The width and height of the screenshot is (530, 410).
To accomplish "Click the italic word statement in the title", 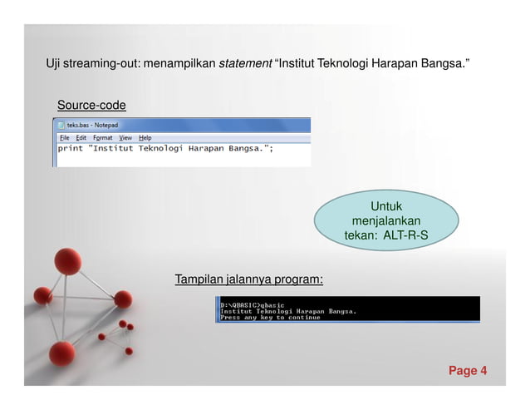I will point(244,63).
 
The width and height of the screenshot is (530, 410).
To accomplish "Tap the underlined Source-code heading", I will point(91,106).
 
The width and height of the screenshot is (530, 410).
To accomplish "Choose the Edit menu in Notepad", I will point(80,137).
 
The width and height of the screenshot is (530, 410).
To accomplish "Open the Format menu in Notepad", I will point(102,137).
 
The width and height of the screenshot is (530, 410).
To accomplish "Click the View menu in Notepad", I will point(125,137).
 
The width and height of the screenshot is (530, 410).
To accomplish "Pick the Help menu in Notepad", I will point(145,137).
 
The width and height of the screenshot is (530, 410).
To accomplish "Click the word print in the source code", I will point(71,149).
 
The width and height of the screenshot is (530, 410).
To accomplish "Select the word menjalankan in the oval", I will point(385,220).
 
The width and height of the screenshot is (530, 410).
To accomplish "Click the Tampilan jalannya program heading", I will point(248,279).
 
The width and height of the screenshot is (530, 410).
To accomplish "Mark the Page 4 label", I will point(468,370).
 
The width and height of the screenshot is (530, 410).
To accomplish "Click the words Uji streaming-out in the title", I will point(91,63).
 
